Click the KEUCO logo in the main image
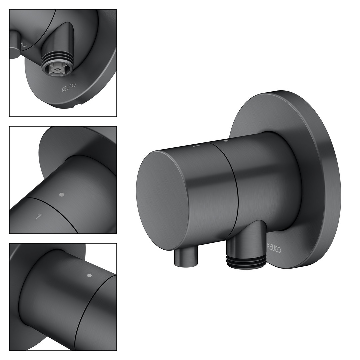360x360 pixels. (274, 248)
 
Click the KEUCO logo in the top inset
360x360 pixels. (68, 88)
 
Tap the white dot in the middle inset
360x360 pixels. (61, 195)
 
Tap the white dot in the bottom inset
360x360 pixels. (90, 275)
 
